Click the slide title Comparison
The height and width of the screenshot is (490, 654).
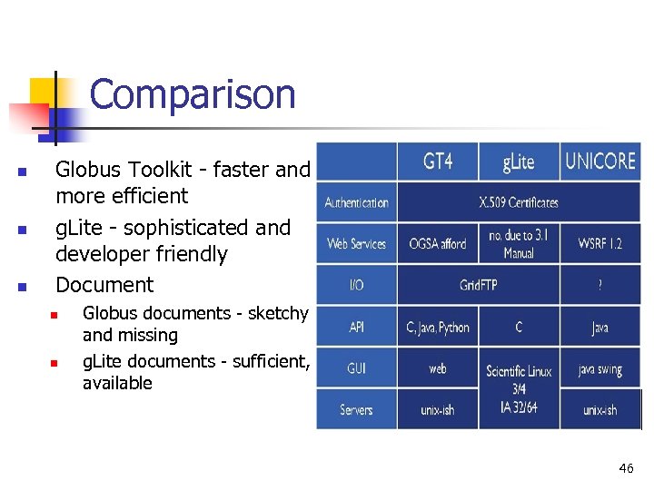point(193,94)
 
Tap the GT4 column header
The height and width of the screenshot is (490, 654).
point(438,162)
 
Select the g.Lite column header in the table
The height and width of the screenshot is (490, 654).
point(519,162)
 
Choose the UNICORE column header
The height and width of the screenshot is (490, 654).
point(600,162)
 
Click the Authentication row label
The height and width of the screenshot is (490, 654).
point(357,202)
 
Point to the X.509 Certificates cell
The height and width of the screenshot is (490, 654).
point(519,202)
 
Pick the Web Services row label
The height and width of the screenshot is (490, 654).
point(357,243)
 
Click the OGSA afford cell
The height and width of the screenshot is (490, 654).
point(437,243)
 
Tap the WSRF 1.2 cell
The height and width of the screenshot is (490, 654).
point(600,243)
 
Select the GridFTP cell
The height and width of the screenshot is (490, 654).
point(479,285)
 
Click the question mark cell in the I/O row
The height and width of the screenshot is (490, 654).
point(600,285)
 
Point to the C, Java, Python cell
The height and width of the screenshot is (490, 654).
point(438,327)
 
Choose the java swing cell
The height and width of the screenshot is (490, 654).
point(600,369)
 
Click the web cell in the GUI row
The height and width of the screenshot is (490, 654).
point(438,369)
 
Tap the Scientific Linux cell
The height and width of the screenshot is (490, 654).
point(519,371)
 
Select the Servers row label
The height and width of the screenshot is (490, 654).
point(356,409)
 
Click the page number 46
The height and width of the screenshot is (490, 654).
point(626,468)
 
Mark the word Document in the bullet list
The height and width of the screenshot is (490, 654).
point(105,285)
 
